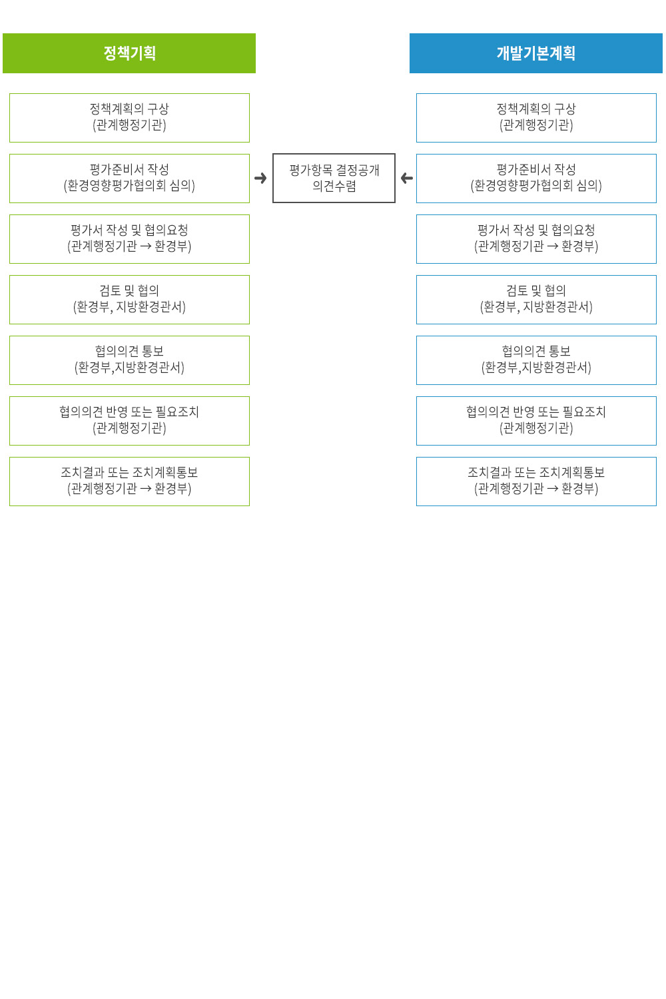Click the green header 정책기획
(x=129, y=53)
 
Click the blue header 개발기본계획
(x=535, y=53)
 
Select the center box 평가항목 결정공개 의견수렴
(x=334, y=178)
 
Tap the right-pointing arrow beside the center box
(x=260, y=178)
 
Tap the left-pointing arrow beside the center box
(x=407, y=178)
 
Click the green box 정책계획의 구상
(x=129, y=118)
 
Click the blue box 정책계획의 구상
(x=536, y=118)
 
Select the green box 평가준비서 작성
(x=129, y=178)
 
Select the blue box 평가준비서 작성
(x=536, y=178)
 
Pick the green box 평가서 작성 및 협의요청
(x=129, y=239)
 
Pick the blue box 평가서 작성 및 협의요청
(x=536, y=239)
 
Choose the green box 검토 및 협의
(x=129, y=300)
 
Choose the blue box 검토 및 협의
(x=536, y=300)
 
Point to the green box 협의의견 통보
(x=129, y=360)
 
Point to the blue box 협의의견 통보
(x=536, y=360)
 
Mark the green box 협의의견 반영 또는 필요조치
(x=129, y=421)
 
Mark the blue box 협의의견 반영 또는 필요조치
(x=536, y=421)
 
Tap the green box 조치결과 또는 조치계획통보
(x=129, y=482)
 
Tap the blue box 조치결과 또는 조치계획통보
(x=536, y=482)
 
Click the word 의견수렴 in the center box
(x=334, y=186)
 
